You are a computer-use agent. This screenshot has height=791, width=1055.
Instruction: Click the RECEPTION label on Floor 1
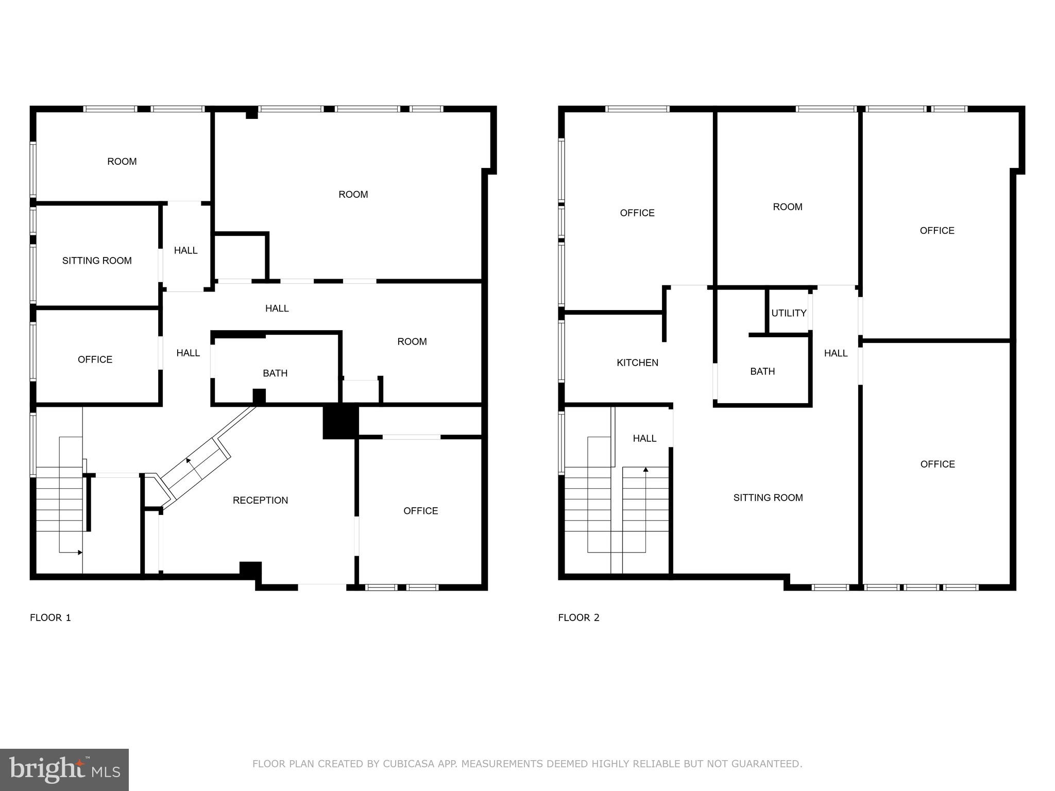(260, 500)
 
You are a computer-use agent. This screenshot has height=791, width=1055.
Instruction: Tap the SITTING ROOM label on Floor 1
(97, 261)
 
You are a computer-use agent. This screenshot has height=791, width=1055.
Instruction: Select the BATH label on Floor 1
(275, 373)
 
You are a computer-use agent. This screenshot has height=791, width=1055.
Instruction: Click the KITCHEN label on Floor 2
(637, 363)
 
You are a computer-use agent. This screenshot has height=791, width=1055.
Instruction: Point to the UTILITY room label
(789, 313)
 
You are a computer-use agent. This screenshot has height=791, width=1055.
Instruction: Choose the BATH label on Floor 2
(762, 371)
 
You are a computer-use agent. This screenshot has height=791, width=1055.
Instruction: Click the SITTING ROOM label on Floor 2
(768, 497)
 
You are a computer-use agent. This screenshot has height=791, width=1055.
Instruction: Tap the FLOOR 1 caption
(50, 617)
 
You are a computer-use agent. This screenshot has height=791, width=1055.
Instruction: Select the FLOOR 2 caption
(578, 617)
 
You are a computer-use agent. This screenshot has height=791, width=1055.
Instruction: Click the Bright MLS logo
(64, 770)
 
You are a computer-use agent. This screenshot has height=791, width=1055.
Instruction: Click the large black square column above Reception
(340, 422)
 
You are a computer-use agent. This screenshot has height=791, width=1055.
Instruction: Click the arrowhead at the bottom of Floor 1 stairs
(80, 553)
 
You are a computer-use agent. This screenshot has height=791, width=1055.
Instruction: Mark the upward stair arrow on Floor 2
(645, 470)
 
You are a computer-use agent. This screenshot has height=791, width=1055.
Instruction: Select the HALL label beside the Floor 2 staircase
(644, 438)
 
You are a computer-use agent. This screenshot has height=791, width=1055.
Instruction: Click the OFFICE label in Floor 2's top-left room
(637, 213)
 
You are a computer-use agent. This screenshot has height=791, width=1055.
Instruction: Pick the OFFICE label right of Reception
(420, 511)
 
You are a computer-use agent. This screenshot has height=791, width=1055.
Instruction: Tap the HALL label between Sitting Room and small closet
(185, 250)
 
